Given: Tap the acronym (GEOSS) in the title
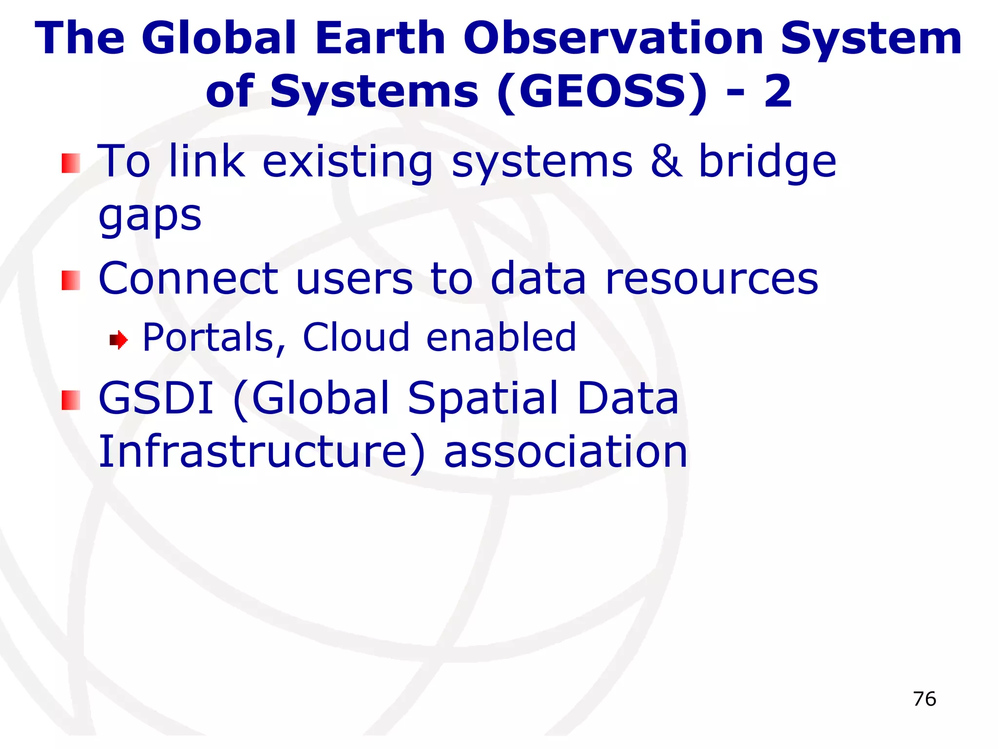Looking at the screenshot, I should (602, 92).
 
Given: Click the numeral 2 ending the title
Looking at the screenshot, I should (778, 92).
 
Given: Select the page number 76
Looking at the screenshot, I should (924, 699).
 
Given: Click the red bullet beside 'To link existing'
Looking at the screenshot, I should (71, 163).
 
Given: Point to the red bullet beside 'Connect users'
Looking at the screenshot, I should (71, 280).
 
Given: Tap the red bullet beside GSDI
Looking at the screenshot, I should (71, 400).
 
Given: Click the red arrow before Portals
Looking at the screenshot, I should (118, 339).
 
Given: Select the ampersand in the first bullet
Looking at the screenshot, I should (666, 161).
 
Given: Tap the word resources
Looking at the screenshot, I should (711, 279).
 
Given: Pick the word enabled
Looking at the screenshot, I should (501, 337).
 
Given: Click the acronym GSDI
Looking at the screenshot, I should (156, 398).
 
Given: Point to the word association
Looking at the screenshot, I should (565, 452).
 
